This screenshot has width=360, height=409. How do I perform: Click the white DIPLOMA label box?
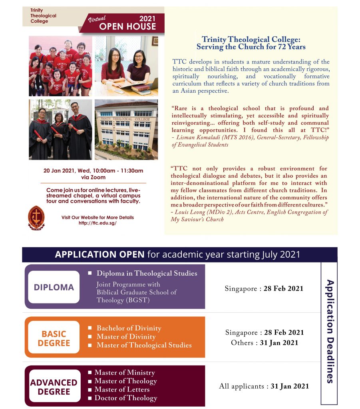point(54,287)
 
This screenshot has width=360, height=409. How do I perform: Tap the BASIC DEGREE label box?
point(54,338)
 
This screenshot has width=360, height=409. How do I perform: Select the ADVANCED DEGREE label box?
point(54,387)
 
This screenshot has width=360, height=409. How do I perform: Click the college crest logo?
point(36,218)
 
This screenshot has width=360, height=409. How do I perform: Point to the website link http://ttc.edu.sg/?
point(97,223)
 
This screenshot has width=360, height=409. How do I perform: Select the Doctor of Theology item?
point(125,398)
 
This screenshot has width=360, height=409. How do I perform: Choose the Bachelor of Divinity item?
point(129,328)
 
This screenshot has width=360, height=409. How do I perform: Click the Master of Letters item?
point(121,389)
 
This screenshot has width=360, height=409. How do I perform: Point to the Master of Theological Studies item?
point(144,345)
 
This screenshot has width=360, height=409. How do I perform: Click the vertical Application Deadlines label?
point(330,331)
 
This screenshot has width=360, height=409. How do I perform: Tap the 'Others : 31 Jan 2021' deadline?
point(264,343)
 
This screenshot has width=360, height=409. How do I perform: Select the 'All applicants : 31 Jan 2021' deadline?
point(264,386)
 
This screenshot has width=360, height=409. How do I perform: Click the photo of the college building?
point(126,129)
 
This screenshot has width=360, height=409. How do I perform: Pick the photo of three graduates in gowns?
point(60,129)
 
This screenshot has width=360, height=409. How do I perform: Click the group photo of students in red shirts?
point(60,66)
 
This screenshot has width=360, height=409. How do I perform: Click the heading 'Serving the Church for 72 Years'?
point(251,47)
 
